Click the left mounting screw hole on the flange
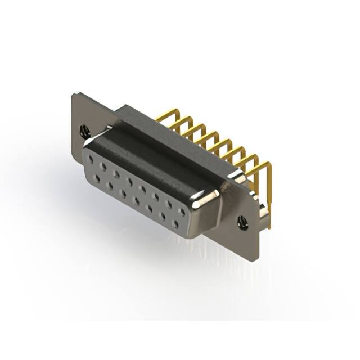click(85, 132)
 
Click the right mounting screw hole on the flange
click(242, 222)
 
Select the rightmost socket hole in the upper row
click(182, 213)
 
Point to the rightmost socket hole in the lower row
click(175, 223)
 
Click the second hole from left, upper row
click(103, 168)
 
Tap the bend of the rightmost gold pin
click(268, 164)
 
